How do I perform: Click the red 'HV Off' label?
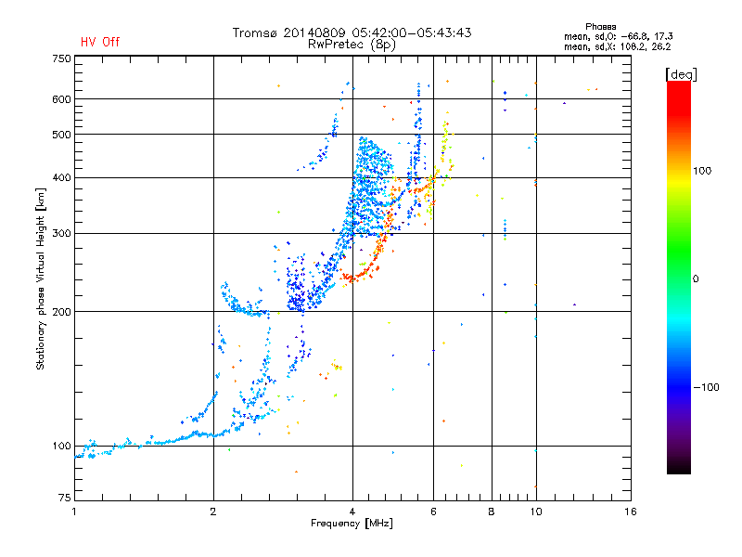click(x=100, y=42)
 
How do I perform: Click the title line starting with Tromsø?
click(x=352, y=32)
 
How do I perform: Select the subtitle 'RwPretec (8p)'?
click(x=352, y=45)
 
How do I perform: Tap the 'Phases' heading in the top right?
click(x=600, y=27)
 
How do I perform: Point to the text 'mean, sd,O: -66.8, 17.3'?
click(x=618, y=36)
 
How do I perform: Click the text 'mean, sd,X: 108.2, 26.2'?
click(x=617, y=46)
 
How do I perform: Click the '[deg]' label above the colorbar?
click(x=681, y=74)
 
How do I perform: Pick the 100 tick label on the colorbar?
click(x=702, y=171)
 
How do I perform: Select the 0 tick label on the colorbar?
click(x=696, y=279)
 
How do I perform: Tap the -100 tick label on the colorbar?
click(x=706, y=387)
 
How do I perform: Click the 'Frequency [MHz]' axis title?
click(x=352, y=524)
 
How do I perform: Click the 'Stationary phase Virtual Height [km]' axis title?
click(x=41, y=279)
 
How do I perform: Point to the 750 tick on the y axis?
click(x=62, y=58)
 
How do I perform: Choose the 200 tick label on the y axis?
click(x=62, y=312)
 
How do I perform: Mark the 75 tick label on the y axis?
click(x=65, y=498)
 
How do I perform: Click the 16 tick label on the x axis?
click(x=631, y=512)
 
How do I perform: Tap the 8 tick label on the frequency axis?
click(x=492, y=512)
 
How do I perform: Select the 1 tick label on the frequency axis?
click(x=74, y=512)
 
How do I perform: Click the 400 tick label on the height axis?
click(x=62, y=177)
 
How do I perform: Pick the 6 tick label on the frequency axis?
click(x=433, y=512)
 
